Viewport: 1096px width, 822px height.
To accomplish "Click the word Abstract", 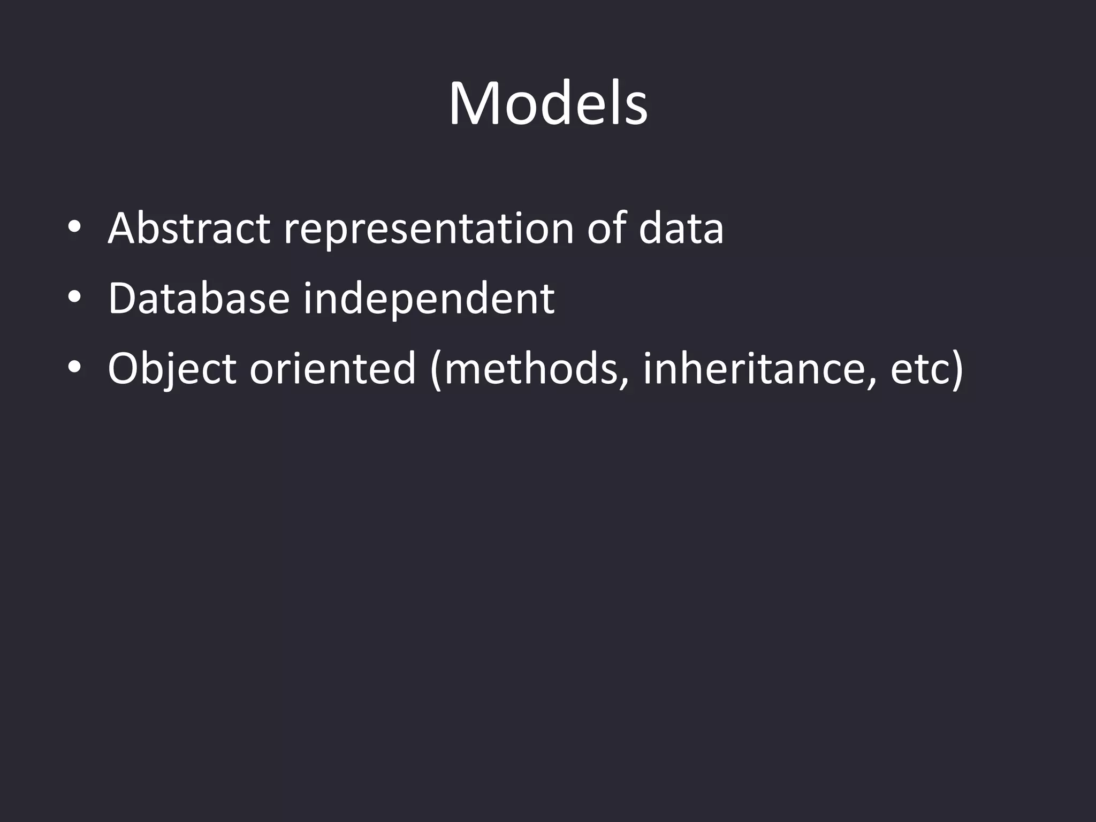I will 188,229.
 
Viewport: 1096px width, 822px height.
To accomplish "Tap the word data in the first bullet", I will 681,229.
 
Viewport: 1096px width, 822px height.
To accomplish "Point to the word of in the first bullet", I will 606,229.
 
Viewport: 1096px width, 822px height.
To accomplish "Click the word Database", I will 199,299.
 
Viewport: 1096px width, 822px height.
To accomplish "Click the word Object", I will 171,369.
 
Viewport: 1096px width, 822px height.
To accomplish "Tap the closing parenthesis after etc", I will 956,370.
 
